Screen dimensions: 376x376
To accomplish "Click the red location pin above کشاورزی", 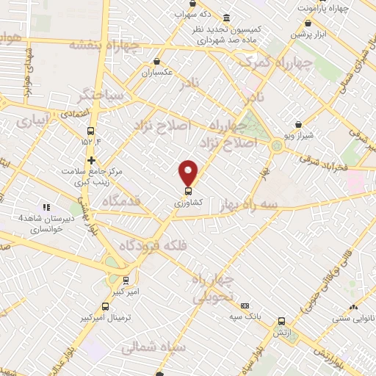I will coord(189,172).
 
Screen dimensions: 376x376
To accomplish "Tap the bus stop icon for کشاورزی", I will coord(189,190).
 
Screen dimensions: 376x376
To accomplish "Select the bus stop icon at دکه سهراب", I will coord(180,13).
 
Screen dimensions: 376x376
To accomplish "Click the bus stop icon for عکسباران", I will coord(156,62).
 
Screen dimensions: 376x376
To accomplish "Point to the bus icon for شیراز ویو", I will coord(298,125).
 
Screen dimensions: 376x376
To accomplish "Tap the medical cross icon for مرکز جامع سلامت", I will coord(91,160).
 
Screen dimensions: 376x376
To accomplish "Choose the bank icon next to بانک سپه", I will coord(245,305).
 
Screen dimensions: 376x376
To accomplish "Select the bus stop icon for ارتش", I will coord(281,321).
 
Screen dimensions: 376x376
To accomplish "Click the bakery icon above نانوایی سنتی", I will coord(354,307).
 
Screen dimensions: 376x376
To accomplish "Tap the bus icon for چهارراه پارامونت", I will coord(307,23).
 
